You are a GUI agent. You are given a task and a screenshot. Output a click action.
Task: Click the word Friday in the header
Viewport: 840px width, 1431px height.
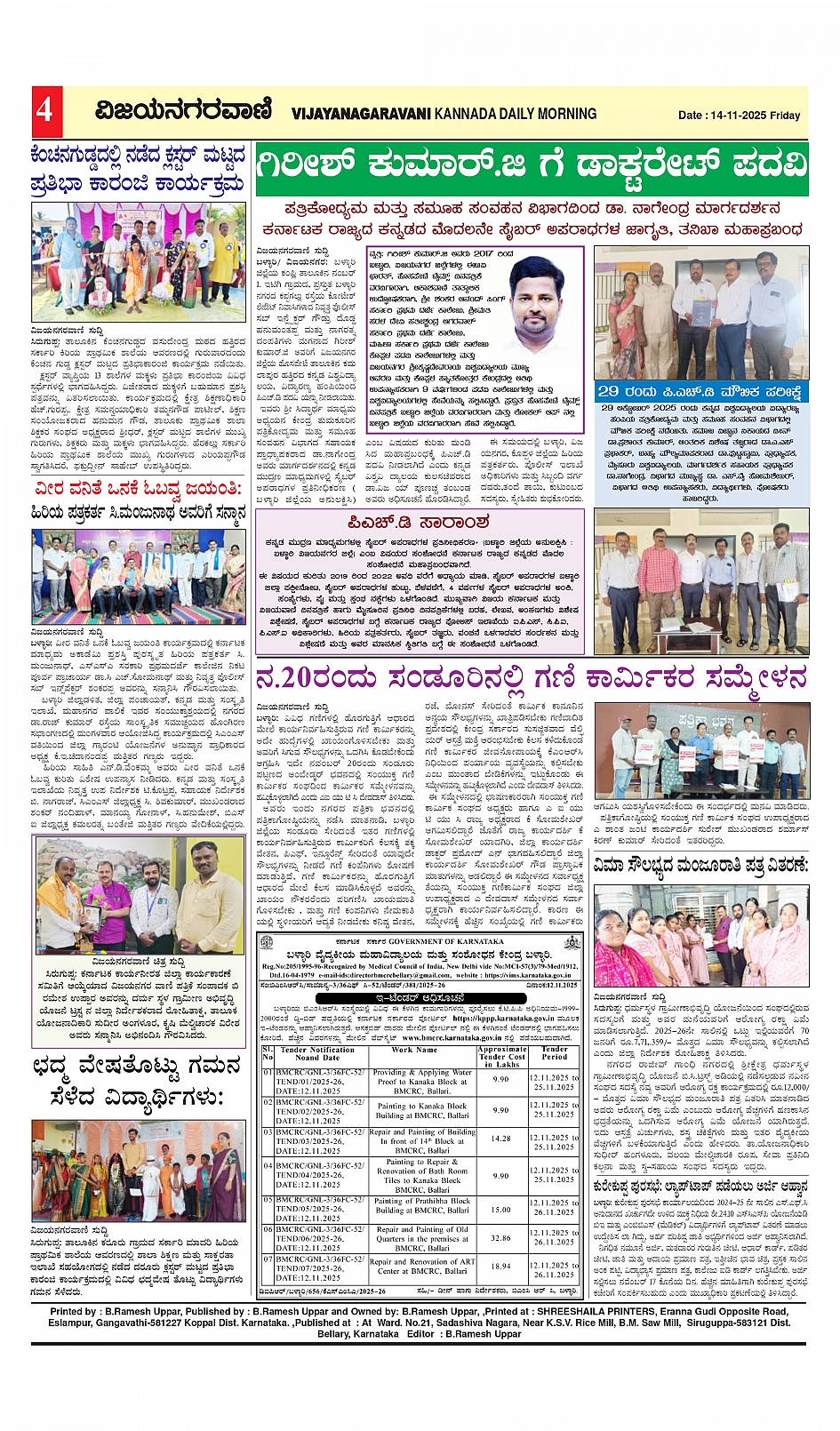point(786,116)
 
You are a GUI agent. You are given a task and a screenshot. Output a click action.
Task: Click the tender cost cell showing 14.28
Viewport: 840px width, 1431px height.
point(500,1138)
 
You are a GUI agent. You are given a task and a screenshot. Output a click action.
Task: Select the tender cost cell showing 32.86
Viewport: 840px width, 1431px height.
point(500,1237)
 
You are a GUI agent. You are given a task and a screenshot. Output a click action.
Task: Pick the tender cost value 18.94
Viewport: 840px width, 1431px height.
point(500,1267)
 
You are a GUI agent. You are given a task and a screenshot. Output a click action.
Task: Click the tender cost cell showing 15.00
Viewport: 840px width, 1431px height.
point(500,1209)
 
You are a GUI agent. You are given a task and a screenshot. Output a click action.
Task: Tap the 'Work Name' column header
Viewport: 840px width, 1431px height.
point(414,1050)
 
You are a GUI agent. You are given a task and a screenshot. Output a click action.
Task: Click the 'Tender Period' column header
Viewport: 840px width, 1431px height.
point(554,1053)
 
